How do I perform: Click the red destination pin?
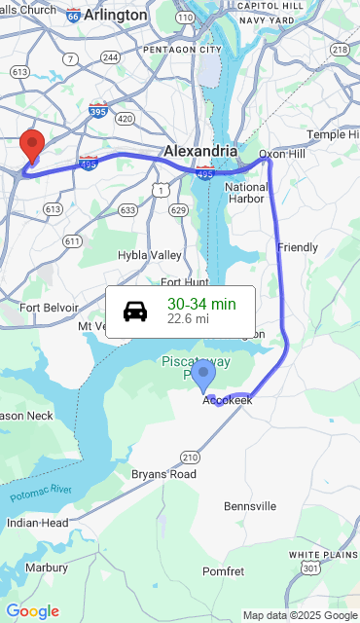click(x=32, y=146)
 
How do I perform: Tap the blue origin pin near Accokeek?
click(x=203, y=376)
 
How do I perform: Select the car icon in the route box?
click(x=135, y=311)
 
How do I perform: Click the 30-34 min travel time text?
click(x=201, y=304)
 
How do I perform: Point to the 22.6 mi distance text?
click(x=188, y=318)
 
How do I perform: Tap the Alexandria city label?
click(x=200, y=151)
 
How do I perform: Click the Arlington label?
click(x=116, y=16)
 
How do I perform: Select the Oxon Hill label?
click(x=281, y=154)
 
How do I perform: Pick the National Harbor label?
click(x=246, y=193)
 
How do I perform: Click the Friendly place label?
click(x=298, y=247)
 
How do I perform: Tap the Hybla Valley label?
click(x=150, y=255)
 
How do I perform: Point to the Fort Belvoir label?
click(x=49, y=307)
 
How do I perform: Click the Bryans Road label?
click(x=163, y=474)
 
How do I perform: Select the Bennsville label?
click(x=250, y=506)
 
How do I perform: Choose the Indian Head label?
click(x=37, y=523)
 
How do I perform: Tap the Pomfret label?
click(x=223, y=570)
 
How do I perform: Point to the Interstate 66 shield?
click(x=74, y=16)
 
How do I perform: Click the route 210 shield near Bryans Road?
click(x=190, y=457)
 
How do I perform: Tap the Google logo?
click(x=32, y=611)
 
